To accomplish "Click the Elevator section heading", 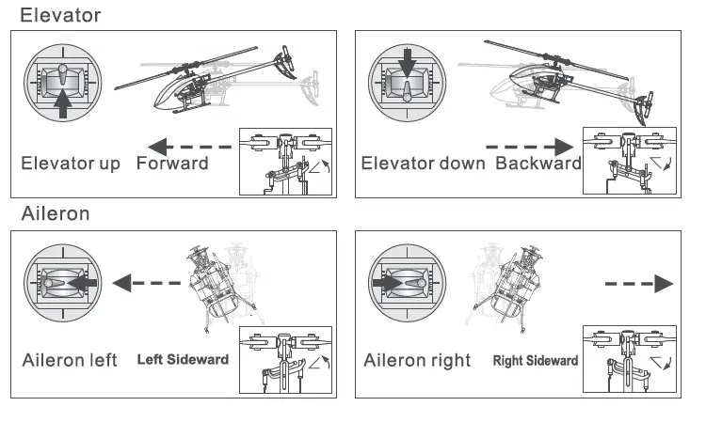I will tap(60, 15).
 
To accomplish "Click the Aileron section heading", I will tap(56, 213).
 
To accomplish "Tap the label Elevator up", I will tap(71, 164).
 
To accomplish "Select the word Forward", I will tap(172, 164).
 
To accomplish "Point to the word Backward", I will tap(538, 164).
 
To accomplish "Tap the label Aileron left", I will tap(70, 361).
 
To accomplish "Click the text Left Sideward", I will tap(184, 360).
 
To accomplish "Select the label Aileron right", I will tap(417, 361).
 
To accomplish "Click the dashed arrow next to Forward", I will tap(189, 146).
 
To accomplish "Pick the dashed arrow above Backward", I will tap(531, 146).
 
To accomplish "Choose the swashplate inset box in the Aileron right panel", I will tap(628, 358).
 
